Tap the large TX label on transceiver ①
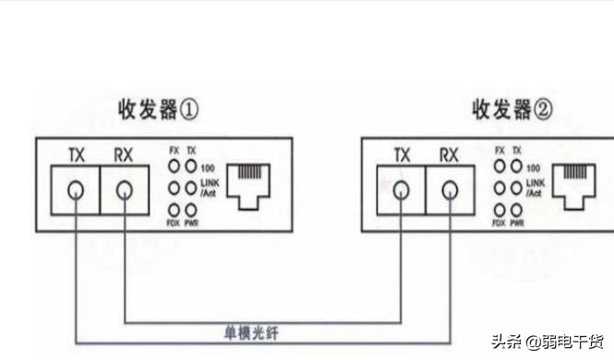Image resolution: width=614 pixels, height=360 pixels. tap(77, 154)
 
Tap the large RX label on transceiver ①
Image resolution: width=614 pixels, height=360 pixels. tap(123, 154)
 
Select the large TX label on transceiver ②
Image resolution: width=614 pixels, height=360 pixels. tap(402, 154)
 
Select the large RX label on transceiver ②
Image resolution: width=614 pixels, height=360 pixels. tap(449, 154)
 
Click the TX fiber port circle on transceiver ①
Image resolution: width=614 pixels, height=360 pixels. tap(76, 192)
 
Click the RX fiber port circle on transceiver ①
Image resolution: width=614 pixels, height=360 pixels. tap(123, 192)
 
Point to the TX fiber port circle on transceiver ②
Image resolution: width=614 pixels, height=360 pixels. tap(402, 192)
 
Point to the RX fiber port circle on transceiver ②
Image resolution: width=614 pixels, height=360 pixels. tap(449, 192)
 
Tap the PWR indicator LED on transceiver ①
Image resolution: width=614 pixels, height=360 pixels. tap(191, 210)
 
